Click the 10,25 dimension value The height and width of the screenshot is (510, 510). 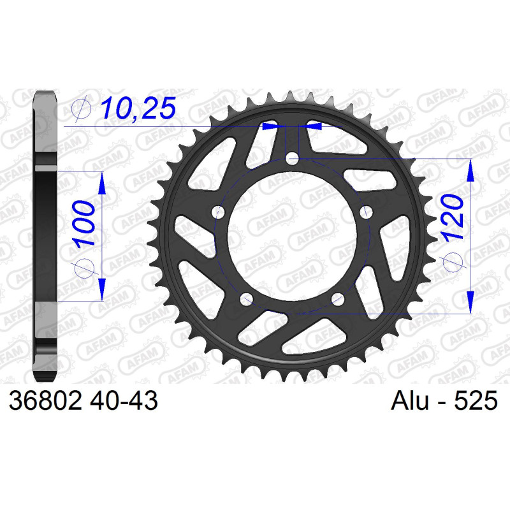[x=138, y=108]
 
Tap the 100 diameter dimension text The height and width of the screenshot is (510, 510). [x=84, y=224]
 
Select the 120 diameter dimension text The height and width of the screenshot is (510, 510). [x=454, y=218]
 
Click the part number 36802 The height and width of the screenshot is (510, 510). [x=45, y=400]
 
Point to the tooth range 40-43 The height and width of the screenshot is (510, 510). [x=124, y=400]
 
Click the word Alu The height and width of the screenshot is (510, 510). [x=410, y=400]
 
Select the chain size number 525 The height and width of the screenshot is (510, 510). [x=476, y=400]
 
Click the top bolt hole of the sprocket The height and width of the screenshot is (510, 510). [x=292, y=159]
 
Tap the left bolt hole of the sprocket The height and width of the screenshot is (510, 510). [x=218, y=213]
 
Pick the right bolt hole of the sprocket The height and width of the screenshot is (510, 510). [x=366, y=212]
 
